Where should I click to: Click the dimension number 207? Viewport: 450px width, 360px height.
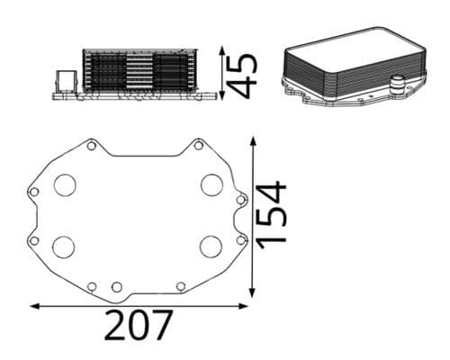138,325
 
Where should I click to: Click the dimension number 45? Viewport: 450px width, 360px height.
241,75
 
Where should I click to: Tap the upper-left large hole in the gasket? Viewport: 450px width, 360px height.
65,185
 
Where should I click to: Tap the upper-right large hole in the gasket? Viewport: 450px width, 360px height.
211,185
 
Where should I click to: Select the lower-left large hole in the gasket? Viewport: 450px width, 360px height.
64,246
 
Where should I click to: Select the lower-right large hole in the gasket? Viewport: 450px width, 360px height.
211,246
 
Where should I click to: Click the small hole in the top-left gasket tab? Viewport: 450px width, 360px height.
91,145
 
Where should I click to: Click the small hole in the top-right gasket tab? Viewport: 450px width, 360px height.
198,145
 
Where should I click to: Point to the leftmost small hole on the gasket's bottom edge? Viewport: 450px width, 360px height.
92,286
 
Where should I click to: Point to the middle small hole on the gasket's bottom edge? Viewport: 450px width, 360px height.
116,286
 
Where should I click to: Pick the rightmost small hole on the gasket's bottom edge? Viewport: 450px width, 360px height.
181,286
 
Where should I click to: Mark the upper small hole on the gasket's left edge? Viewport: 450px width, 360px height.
34,192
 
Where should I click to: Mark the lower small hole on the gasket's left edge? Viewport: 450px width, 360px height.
34,239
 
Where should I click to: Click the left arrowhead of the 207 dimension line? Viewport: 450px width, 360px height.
34,306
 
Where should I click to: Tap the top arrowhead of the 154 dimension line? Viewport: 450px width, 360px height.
255,140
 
